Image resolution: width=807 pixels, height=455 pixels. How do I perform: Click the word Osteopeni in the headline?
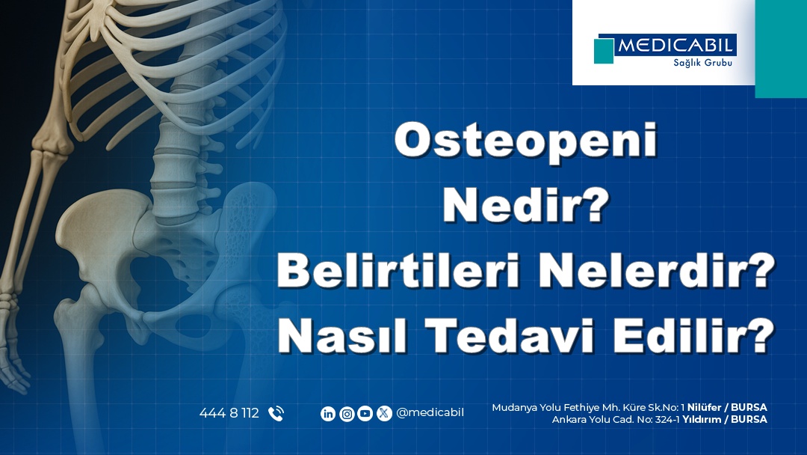pyautogui.click(x=525, y=141)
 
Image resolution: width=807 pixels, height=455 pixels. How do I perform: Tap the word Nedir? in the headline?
pyautogui.click(x=525, y=206)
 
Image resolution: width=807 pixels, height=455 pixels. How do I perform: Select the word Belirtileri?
pyautogui.click(x=401, y=271)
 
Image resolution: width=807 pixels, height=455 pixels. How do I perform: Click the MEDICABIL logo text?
pyautogui.click(x=675, y=46)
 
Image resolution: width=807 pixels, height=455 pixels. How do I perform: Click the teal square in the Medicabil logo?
pyautogui.click(x=604, y=51)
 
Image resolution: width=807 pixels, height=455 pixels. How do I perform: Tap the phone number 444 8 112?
pyautogui.click(x=229, y=413)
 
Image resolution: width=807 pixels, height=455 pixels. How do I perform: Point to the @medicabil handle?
pyautogui.click(x=430, y=413)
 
